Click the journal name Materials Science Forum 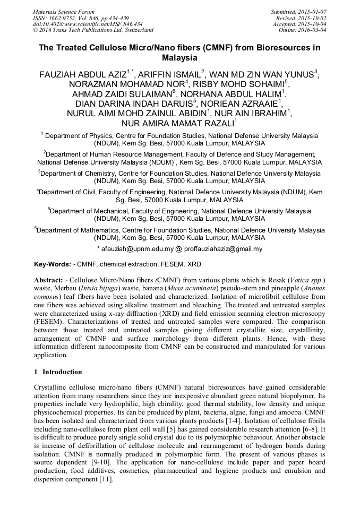pyautogui.click(x=64, y=12)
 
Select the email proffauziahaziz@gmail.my pyautogui.click(x=223, y=248)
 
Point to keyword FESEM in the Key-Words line pyautogui.click(x=173, y=264)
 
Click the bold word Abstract pyautogui.click(x=48, y=279)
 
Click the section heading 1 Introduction pyautogui.click(x=58, y=372)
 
